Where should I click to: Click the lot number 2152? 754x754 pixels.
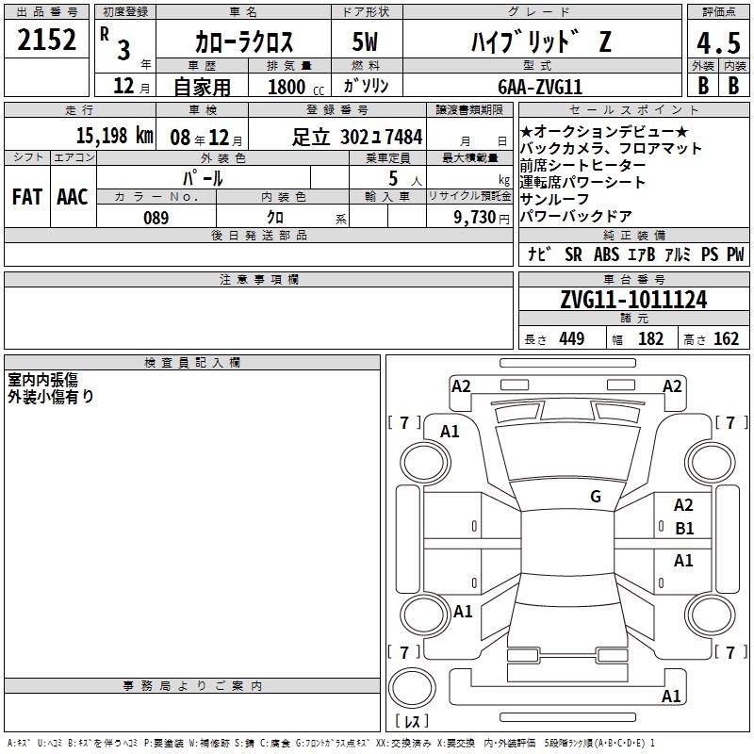coord(46,40)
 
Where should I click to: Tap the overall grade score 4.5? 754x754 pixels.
coord(718,43)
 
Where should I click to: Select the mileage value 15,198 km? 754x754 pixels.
coord(114,135)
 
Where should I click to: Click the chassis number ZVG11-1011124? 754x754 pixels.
coord(633,300)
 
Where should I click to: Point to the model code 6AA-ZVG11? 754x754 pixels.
coord(540,87)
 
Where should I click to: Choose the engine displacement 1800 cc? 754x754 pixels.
coord(296,87)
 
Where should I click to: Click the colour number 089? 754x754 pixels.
coord(156,218)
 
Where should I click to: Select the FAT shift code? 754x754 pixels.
coord(27,197)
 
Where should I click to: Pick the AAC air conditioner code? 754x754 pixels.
coord(73,197)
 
